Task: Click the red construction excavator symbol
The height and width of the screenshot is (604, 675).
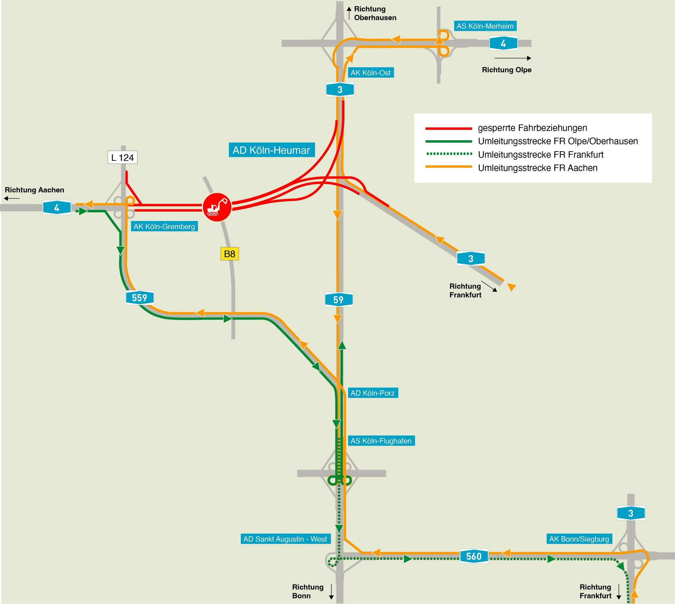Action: (x=217, y=207)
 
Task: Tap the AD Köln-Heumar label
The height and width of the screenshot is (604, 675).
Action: (x=271, y=150)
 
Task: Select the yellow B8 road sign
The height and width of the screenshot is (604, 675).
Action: (x=230, y=254)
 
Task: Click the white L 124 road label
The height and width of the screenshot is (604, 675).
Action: (x=123, y=157)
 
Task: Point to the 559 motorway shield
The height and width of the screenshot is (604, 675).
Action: (x=140, y=298)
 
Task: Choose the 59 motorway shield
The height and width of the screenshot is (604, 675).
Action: (x=339, y=300)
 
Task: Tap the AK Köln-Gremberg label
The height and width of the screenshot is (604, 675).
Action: (x=164, y=226)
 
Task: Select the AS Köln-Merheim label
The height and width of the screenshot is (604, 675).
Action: (x=485, y=26)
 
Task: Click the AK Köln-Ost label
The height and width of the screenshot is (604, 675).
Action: (x=371, y=73)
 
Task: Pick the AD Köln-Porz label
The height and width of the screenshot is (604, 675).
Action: (x=373, y=393)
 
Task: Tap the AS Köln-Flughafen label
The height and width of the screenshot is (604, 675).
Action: (x=381, y=441)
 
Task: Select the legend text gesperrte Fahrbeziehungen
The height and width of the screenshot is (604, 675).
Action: (x=533, y=128)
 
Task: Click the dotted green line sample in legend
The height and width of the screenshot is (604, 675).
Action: (x=449, y=154)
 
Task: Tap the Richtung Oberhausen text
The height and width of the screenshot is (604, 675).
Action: (x=375, y=13)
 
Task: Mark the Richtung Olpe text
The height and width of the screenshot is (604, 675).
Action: (x=507, y=70)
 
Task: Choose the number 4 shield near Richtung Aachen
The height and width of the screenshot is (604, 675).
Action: (x=57, y=207)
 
